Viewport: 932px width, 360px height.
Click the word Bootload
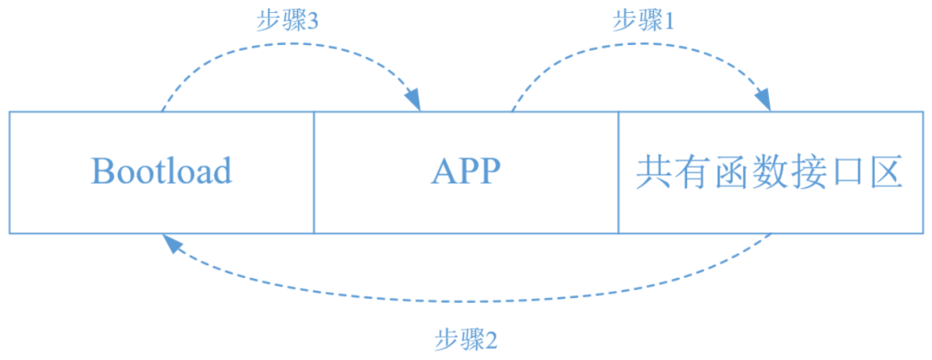(161, 172)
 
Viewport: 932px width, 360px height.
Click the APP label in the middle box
(466, 172)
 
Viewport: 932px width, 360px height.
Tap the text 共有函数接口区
(769, 172)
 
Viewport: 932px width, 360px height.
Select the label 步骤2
(466, 338)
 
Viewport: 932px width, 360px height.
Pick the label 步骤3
(288, 22)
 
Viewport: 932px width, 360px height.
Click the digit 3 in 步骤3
(313, 22)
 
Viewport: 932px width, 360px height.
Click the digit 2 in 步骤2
(492, 338)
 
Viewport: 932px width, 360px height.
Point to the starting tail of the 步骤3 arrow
(162, 111)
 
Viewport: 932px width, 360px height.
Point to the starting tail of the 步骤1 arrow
(513, 111)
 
